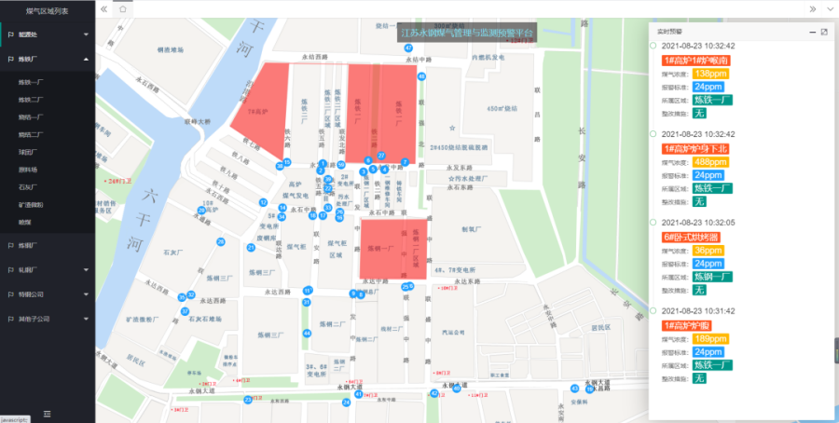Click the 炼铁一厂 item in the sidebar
click(31, 82)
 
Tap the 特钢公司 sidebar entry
click(32, 293)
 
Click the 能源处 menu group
click(28, 34)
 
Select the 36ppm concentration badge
click(708, 250)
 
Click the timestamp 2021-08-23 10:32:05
click(698, 223)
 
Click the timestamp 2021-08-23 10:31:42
click(698, 310)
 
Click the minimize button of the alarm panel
click(811, 32)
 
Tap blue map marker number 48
click(421, 76)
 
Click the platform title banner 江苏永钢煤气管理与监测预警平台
click(466, 33)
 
